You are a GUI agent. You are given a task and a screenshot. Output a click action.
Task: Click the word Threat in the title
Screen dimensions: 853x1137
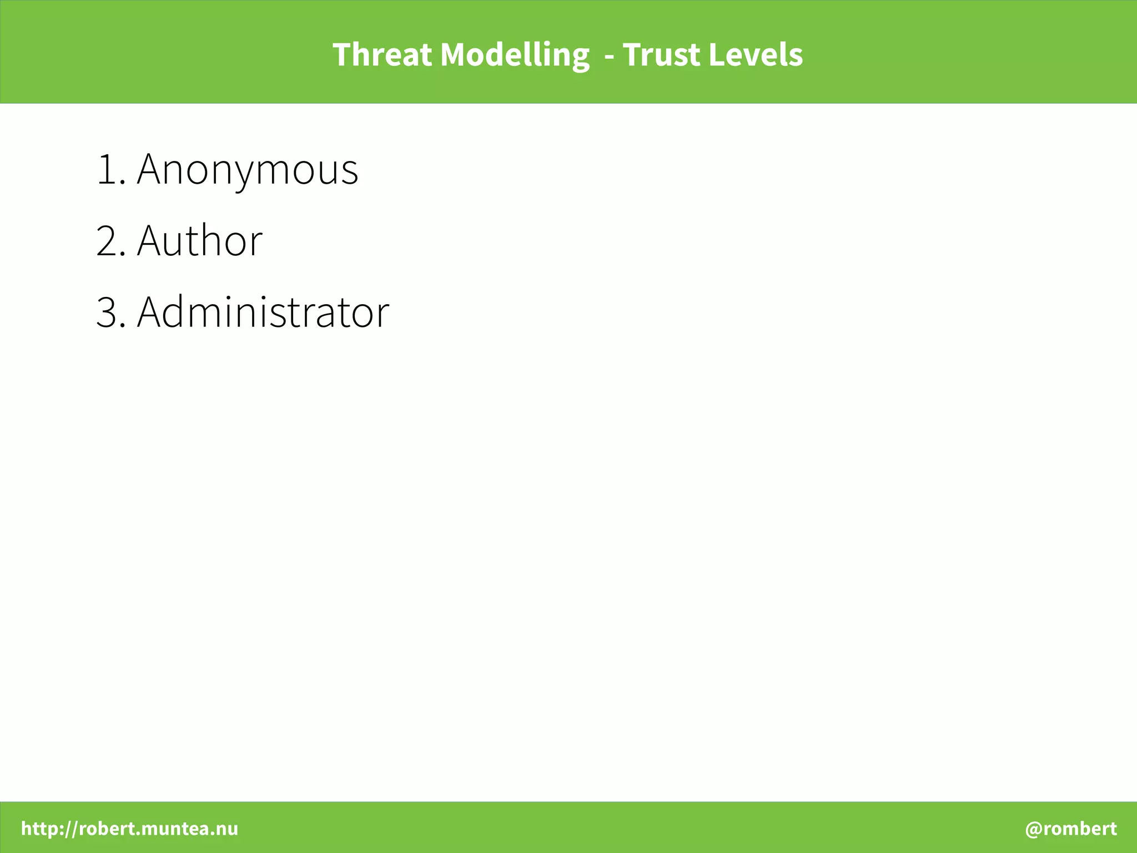click(382, 55)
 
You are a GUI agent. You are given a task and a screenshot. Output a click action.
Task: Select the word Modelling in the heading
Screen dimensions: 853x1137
click(515, 55)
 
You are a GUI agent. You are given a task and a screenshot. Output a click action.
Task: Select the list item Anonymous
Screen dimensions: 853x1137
click(248, 169)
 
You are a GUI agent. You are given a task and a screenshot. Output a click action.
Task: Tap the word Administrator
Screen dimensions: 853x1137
click(263, 312)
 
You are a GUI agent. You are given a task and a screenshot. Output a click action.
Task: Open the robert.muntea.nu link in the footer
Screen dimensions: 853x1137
click(158, 829)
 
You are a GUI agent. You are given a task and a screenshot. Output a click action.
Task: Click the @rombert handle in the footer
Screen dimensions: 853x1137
click(1071, 829)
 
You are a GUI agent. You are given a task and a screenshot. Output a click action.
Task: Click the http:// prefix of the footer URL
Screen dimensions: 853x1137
click(49, 829)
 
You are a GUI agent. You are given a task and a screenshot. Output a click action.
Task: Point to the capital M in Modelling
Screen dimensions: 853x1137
click(455, 55)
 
